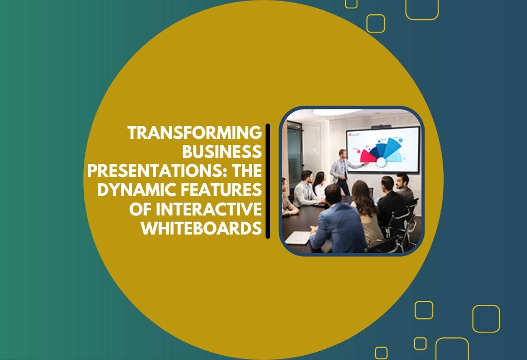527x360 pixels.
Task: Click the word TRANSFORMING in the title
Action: (195, 133)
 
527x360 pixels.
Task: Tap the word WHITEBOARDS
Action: (201, 228)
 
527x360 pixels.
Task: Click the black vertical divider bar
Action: (268, 181)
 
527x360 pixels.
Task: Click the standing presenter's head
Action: (342, 153)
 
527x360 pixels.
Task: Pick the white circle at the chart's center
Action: (381, 162)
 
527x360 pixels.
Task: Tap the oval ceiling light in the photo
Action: (335, 112)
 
